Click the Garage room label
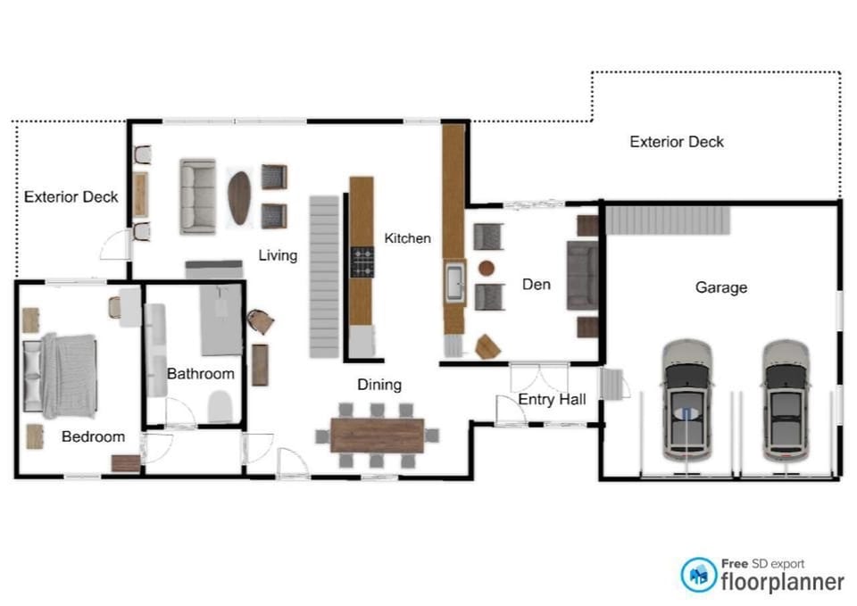[x=720, y=287]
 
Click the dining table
[x=377, y=436]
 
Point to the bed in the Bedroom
[x=60, y=376]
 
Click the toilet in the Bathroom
[x=220, y=407]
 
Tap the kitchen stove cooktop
[x=362, y=262]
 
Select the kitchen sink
[x=454, y=284]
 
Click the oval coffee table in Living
[x=239, y=196]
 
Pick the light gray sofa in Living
[x=197, y=196]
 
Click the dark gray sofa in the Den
[x=582, y=276]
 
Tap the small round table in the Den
[x=486, y=268]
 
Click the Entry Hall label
[x=552, y=399]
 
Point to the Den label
[x=536, y=285]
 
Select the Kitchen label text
[x=407, y=238]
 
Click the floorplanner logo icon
[x=698, y=575]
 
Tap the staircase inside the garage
[x=668, y=220]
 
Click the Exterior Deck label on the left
[x=71, y=196]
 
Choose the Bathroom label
[x=200, y=374]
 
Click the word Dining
[x=379, y=385]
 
